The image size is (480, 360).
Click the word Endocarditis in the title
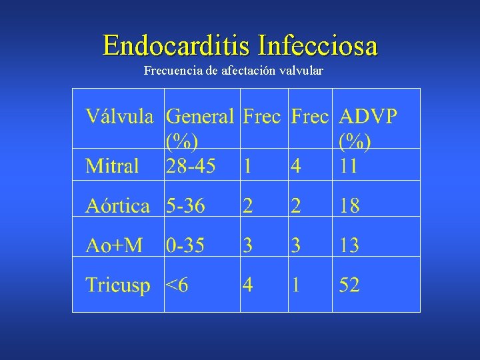tap(177, 45)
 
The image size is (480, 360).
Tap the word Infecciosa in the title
tap(318, 45)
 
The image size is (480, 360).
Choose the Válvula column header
tap(119, 117)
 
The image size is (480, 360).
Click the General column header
tap(200, 117)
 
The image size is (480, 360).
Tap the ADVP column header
tap(368, 117)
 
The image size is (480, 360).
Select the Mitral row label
tap(112, 165)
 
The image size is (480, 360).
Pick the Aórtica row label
tap(118, 205)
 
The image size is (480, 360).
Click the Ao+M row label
tap(114, 245)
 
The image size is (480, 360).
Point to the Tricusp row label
tap(118, 285)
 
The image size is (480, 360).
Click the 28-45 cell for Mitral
tap(191, 165)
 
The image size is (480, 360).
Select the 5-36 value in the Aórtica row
tap(185, 205)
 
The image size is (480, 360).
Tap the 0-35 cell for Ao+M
tap(185, 245)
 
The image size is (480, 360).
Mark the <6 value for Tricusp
tap(177, 285)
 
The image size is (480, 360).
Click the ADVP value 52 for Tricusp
tap(349, 285)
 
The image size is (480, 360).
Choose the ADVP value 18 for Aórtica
tap(349, 205)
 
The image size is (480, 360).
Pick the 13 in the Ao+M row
tap(349, 245)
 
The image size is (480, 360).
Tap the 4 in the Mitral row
tap(295, 165)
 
